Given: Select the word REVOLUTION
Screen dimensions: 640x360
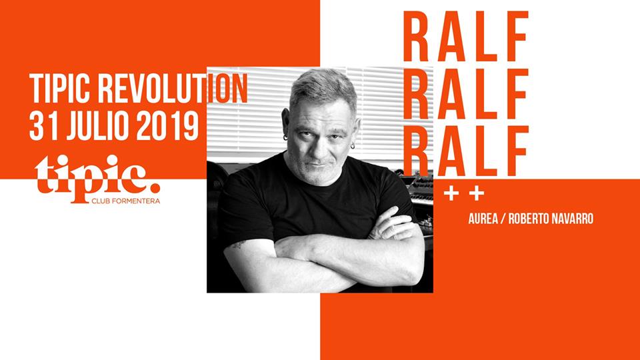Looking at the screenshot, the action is (173, 89).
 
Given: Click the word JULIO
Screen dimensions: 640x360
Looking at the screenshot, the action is (98, 126).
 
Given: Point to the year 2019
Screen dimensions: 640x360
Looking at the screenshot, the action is (167, 126).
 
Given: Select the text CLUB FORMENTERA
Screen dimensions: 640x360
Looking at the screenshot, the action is (126, 201).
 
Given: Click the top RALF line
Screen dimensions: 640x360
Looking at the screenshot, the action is (466, 36).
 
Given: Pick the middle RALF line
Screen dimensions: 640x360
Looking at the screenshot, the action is (466, 94).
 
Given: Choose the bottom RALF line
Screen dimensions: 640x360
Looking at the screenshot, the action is (466, 151).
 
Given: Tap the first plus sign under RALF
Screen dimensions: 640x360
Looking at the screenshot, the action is (451, 194).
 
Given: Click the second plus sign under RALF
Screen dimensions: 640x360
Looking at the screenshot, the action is (476, 194).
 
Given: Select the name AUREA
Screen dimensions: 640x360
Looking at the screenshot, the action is (483, 219).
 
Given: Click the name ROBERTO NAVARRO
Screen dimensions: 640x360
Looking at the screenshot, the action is (551, 219).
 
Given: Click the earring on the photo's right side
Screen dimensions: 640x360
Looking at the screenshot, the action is (353, 145).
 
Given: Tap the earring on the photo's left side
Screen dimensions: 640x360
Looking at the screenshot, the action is (285, 137).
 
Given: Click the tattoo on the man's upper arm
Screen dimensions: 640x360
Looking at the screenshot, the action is (239, 245).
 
